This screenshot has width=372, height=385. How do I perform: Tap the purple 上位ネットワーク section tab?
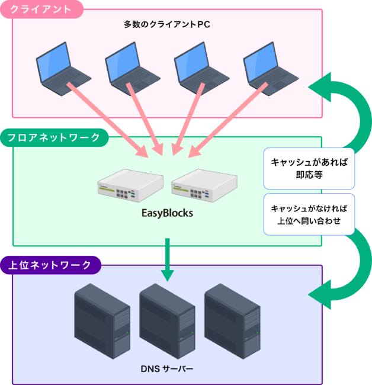click(50, 265)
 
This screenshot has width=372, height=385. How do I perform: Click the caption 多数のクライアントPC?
click(167, 25)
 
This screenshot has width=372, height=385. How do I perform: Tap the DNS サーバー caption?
click(167, 368)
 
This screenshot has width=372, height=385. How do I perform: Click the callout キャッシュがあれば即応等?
click(309, 168)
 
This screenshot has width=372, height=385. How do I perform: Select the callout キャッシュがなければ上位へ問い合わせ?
click(309, 215)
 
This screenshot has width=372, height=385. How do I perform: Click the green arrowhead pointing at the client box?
click(320, 87)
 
